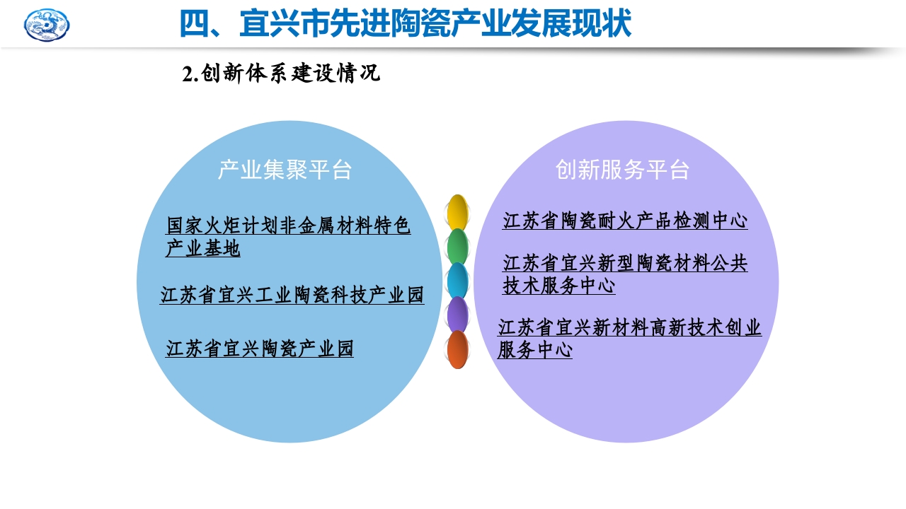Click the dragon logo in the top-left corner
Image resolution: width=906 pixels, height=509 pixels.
(x=47, y=25)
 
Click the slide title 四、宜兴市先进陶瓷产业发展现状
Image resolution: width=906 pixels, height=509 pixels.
(x=404, y=24)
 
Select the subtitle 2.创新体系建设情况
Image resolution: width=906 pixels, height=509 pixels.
(x=281, y=74)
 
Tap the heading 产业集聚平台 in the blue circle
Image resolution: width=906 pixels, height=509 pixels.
(x=285, y=170)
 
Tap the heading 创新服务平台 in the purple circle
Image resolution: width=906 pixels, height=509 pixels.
(x=622, y=170)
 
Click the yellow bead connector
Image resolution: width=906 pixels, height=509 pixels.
(x=458, y=212)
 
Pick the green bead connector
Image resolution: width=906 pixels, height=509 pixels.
(x=458, y=246)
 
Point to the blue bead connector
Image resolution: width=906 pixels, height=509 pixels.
(x=458, y=281)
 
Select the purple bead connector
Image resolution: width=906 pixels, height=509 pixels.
(x=458, y=315)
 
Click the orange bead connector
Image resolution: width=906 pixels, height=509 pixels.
(x=458, y=349)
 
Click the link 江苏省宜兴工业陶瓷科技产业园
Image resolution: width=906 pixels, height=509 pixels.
(x=292, y=295)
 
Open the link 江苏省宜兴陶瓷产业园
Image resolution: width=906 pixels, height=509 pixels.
(x=259, y=349)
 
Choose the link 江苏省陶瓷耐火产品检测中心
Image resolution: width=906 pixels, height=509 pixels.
(x=625, y=221)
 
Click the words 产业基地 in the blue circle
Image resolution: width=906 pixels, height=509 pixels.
(x=202, y=249)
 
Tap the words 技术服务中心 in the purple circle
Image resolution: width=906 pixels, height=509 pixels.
(x=558, y=286)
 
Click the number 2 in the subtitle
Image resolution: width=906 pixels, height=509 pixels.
(x=188, y=74)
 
